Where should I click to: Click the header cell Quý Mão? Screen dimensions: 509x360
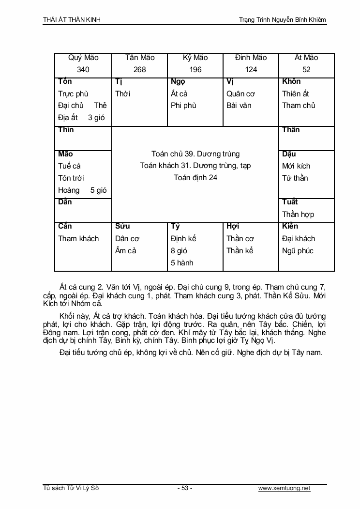[x=83, y=58]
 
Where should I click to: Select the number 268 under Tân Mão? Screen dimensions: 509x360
[x=139, y=70]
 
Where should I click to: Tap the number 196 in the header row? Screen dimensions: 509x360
[x=195, y=70]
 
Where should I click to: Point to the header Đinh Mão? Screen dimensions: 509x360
[x=251, y=58]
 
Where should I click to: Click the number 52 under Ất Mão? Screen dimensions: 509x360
[x=306, y=70]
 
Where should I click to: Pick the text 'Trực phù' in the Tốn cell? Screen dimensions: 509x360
[x=73, y=93]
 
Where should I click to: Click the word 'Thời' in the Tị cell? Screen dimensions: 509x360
[x=123, y=93]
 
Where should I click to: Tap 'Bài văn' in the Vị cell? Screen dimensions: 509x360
[x=239, y=106]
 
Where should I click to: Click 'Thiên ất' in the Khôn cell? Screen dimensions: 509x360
[x=296, y=93]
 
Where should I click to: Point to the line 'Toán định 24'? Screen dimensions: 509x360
[x=195, y=178]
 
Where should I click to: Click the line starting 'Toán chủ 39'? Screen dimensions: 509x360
[x=195, y=154]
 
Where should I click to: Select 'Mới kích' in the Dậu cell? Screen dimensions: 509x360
[x=296, y=166]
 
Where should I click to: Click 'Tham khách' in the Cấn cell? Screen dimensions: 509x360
[x=78, y=239]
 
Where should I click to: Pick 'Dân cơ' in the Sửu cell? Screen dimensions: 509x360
[x=127, y=239]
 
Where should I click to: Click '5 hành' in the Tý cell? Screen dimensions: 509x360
[x=182, y=263]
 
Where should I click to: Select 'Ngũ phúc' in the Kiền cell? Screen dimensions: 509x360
[x=298, y=251]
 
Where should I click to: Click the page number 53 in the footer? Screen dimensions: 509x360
[x=185, y=488]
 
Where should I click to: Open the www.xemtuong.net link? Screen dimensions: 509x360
[x=284, y=488]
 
